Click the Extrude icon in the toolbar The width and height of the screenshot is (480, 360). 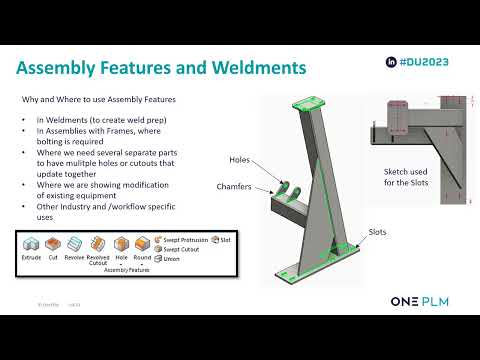[32, 244]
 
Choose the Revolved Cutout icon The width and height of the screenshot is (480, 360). [98, 244]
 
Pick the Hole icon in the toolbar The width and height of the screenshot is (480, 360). [121, 244]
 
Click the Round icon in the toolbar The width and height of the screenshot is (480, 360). [143, 244]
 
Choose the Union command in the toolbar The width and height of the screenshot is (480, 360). [171, 258]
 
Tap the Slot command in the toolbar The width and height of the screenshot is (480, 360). [222, 240]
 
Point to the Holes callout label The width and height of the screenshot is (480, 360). [239, 160]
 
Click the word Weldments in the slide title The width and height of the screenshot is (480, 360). [252, 68]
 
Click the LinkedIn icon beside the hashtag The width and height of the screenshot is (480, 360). [391, 61]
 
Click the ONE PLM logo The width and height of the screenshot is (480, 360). [425, 300]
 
